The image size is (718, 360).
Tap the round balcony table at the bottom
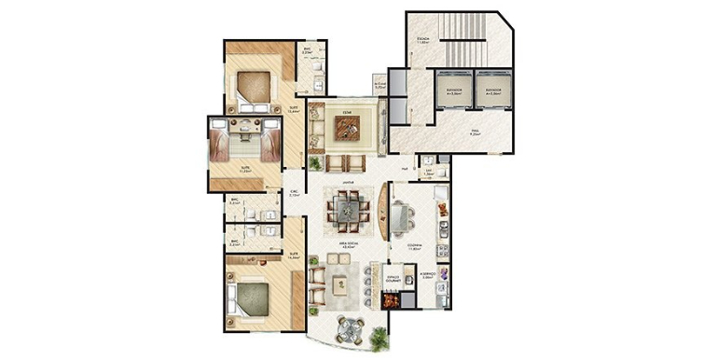point(351,330)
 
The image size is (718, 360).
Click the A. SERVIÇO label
point(428,276)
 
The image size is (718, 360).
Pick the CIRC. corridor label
point(294,195)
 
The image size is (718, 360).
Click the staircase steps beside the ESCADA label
point(463,41)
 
